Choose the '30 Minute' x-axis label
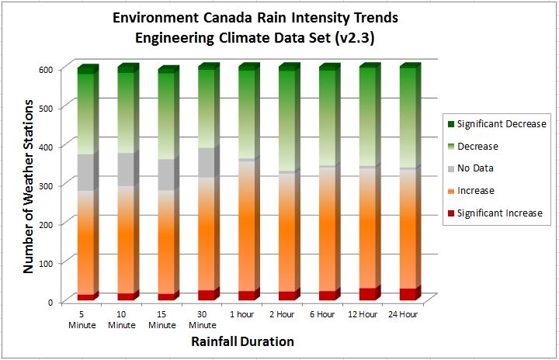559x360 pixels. pyautogui.click(x=203, y=320)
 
